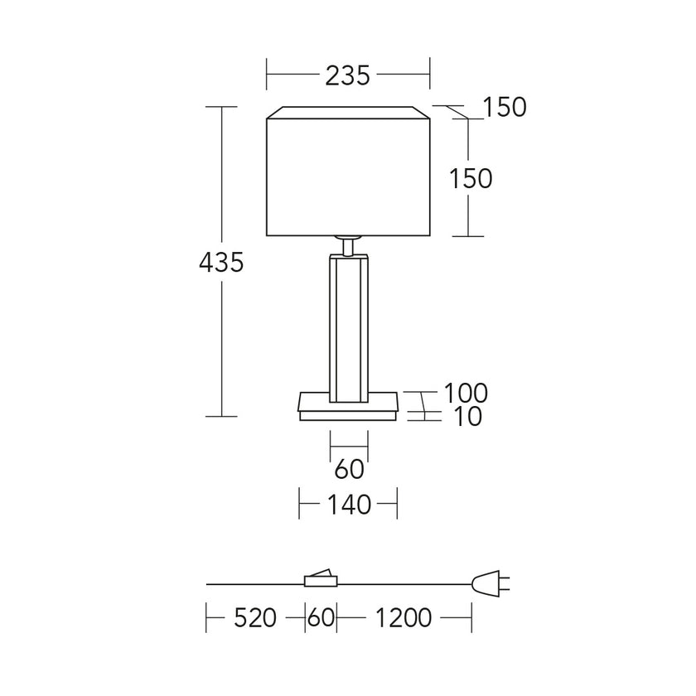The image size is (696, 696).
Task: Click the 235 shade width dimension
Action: (347, 75)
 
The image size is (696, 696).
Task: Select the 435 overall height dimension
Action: (221, 262)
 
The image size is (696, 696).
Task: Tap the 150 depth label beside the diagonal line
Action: (505, 107)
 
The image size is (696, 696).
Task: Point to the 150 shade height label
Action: (471, 178)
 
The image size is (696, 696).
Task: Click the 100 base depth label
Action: (466, 393)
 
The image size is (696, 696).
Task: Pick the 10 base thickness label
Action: (468, 416)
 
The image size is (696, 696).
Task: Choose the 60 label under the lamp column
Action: (350, 469)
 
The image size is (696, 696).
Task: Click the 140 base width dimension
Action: (349, 505)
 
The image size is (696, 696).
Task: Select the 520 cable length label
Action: (255, 617)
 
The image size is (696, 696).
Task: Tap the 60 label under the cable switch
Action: (321, 617)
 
